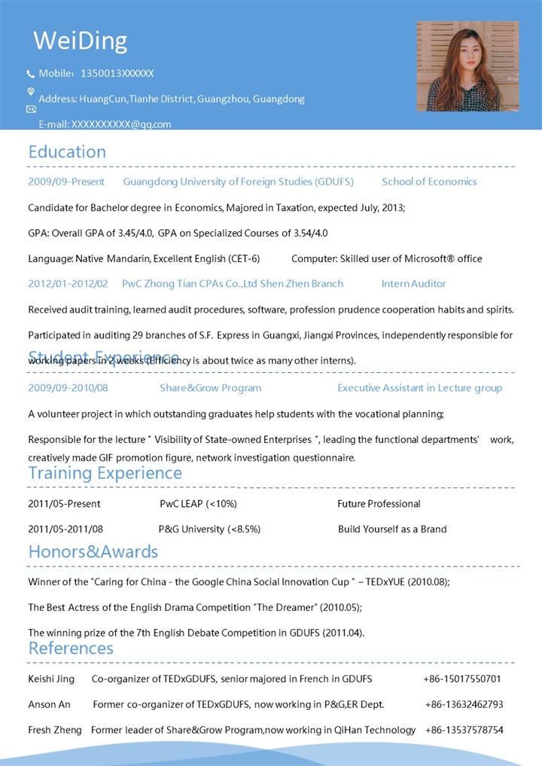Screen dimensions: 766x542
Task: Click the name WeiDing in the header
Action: (81, 41)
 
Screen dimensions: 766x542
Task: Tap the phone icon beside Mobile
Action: (31, 74)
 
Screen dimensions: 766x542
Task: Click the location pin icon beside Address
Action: (31, 92)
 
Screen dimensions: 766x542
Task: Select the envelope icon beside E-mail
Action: (31, 109)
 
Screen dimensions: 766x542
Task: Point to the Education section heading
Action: (67, 151)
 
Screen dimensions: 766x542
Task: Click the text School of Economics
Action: (429, 182)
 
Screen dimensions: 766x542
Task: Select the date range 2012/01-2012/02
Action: (68, 284)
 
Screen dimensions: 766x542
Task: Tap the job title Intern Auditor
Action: (413, 284)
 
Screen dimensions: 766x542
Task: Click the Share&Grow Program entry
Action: (210, 388)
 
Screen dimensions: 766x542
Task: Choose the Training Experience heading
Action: (105, 473)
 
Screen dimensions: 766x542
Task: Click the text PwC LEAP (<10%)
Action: (198, 504)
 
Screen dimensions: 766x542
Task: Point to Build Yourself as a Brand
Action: (392, 529)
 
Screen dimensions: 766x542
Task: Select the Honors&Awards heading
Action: (93, 551)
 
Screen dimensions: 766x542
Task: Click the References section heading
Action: (71, 649)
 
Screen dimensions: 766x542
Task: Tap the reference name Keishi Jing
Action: (51, 679)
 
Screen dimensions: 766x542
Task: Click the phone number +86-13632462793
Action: (464, 705)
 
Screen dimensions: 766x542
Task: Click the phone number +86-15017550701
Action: (461, 679)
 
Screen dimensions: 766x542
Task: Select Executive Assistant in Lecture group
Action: (419, 388)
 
